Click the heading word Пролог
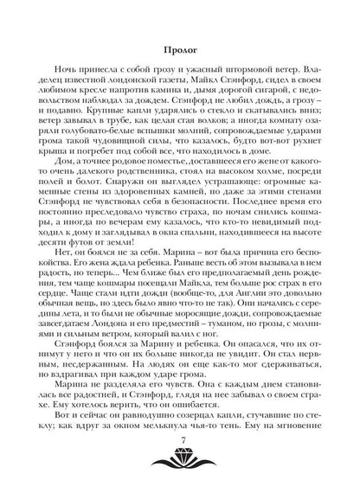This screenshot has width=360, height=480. pos(179,48)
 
